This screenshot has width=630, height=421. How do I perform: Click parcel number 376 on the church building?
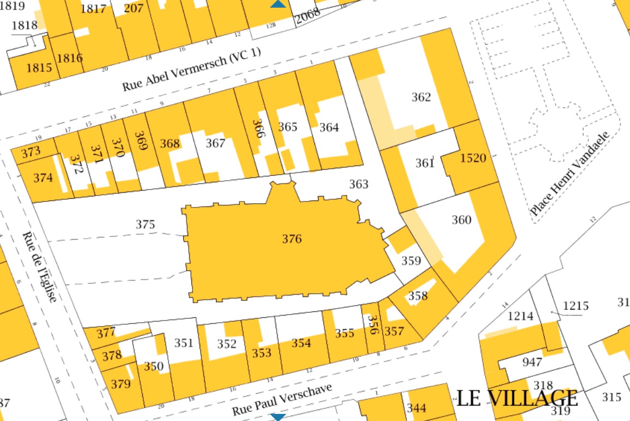coord(292,239)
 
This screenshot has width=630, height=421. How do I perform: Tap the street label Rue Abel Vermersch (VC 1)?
coord(192,70)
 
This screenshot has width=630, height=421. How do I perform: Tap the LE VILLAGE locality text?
coord(517,398)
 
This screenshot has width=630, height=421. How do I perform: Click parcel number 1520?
coord(473,158)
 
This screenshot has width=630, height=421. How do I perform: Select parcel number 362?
coord(421,98)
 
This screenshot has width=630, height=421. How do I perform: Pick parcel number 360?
coord(461,220)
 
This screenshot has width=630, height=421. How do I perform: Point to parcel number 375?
coord(145,224)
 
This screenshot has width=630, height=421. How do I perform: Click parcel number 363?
coord(359,185)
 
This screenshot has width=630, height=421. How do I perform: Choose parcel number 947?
coord(532,362)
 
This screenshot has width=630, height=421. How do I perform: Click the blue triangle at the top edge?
coord(278,4)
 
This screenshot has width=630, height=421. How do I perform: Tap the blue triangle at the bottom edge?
coord(278,418)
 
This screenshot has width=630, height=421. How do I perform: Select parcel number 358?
coord(418,296)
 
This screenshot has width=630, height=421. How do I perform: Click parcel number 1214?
coord(521,316)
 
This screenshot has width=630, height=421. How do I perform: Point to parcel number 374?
coord(43,178)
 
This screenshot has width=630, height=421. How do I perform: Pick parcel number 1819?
coord(12,6)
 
